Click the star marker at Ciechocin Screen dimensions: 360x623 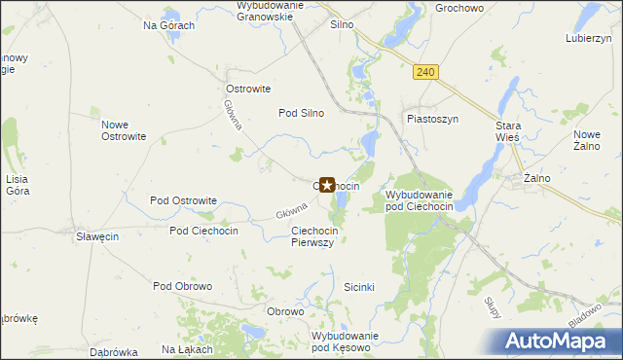[x=327, y=184]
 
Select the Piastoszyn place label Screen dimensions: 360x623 [x=431, y=119]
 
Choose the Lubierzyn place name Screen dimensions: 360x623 [x=588, y=39]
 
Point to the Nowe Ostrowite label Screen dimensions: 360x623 [x=124, y=130]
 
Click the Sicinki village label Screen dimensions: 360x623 [x=366, y=288]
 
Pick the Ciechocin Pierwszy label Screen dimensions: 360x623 [x=313, y=236]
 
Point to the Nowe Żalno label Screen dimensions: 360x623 [x=588, y=140]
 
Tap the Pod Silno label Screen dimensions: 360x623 [x=302, y=113]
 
